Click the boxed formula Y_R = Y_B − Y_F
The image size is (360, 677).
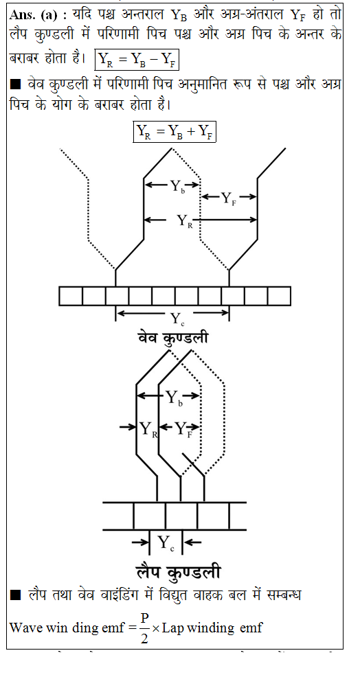137,60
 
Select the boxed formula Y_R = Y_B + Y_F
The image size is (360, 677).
174,132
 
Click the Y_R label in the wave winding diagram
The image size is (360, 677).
185,221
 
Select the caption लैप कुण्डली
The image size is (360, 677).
178,572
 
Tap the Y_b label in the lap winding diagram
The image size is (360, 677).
175,398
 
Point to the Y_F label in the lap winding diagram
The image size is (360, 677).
182,428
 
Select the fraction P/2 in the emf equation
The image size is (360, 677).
144,628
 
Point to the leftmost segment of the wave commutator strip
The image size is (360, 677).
71,296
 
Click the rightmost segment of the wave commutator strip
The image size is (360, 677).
279,296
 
